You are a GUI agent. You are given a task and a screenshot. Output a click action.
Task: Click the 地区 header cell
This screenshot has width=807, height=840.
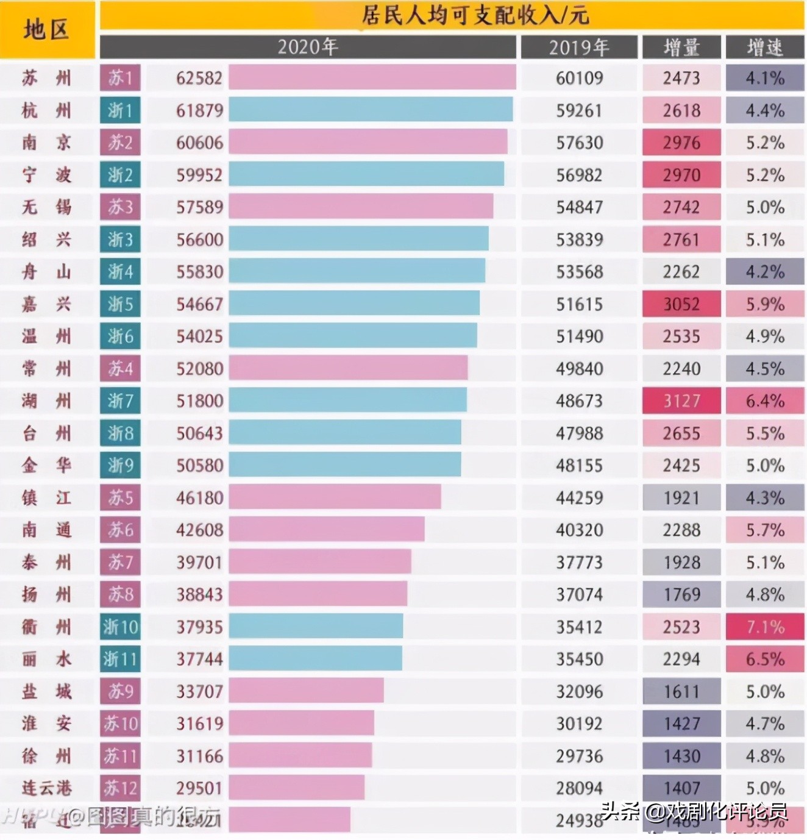point(47,29)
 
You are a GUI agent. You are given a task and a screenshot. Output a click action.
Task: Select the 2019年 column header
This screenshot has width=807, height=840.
point(578,48)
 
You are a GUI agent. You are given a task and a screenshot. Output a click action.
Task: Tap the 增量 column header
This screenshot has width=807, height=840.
point(681,48)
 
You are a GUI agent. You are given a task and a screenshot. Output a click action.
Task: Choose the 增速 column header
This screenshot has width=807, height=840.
point(764,48)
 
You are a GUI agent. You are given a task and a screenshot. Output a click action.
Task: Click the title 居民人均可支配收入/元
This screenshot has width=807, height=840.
point(475,15)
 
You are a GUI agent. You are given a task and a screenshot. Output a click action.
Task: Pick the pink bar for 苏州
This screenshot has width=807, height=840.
point(372,78)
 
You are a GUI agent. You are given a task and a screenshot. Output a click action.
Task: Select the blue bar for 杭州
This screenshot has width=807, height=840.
point(371,110)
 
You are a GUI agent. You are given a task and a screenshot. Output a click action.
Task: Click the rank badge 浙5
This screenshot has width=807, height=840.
point(120,304)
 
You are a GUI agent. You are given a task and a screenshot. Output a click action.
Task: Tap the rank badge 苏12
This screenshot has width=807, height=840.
point(120,788)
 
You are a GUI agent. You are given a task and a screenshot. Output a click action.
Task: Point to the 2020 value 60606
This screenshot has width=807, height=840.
point(199,143)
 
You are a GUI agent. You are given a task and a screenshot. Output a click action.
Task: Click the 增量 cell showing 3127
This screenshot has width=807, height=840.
point(681,401)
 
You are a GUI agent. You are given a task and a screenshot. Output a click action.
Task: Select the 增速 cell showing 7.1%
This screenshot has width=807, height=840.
point(764,627)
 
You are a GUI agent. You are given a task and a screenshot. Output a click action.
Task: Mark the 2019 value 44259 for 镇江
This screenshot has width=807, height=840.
point(578,498)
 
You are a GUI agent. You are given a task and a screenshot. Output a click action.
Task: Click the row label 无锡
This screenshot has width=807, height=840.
point(47,207)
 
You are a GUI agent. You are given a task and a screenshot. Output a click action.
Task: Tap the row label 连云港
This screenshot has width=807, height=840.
point(47,788)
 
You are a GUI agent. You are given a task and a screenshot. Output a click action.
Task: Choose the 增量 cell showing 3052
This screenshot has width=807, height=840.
point(681,304)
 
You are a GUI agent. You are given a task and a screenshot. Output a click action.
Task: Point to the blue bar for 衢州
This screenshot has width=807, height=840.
point(316,627)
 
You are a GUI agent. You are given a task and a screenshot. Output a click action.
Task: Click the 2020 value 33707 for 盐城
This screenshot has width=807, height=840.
point(199,691)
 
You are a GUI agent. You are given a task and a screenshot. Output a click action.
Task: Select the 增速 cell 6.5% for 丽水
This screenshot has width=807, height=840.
point(764,659)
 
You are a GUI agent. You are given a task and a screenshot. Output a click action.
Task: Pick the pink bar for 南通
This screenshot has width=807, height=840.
point(327,530)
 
